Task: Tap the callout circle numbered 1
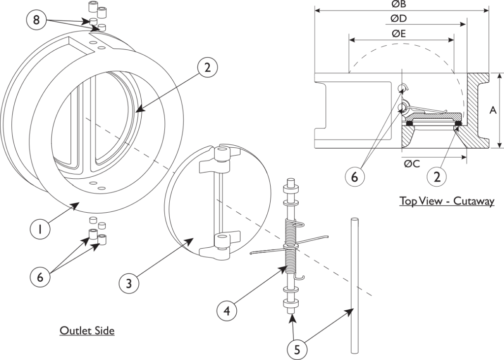pos(41,229)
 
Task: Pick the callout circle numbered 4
pos(226,311)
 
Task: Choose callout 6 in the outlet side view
pos(41,277)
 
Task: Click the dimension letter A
pos(492,111)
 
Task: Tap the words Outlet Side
pos(87,330)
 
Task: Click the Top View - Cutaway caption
pos(446,201)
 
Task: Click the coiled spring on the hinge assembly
pos(291,246)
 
